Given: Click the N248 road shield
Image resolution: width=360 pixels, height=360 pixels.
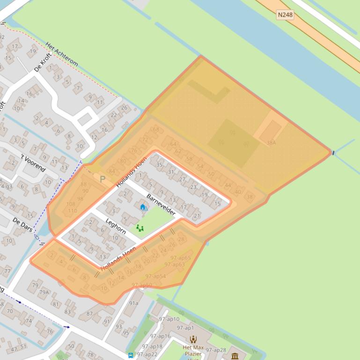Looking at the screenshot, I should (x=285, y=15).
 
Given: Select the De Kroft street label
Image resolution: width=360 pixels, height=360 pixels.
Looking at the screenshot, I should (x=43, y=63).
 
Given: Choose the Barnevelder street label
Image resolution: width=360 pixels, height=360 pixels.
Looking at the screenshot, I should (x=161, y=204).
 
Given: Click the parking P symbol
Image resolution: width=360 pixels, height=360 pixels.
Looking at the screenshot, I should (x=103, y=179).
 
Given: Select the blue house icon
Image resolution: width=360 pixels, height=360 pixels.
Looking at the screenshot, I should (x=143, y=207).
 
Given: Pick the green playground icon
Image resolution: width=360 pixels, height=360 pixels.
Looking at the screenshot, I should (x=140, y=228).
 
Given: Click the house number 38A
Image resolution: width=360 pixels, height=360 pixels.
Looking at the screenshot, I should (x=271, y=143).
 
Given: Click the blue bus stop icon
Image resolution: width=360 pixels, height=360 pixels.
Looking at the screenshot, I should (x=131, y=355).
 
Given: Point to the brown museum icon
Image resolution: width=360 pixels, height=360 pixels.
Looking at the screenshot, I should (x=235, y=356).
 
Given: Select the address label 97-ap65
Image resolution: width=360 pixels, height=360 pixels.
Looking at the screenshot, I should (x=180, y=258).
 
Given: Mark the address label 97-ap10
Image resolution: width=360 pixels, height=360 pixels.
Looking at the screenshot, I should (x=169, y=319).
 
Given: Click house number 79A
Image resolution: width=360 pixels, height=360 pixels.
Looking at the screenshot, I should (x=44, y=293).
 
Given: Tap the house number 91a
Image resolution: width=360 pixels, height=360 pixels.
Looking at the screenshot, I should (x=134, y=303).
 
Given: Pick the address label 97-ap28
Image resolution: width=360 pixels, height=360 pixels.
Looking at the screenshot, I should (x=216, y=350).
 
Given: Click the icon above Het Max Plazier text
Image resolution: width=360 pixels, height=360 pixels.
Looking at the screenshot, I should (x=193, y=339).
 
